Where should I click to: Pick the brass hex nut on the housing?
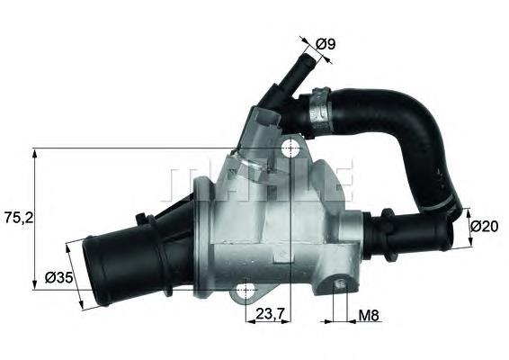236,165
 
